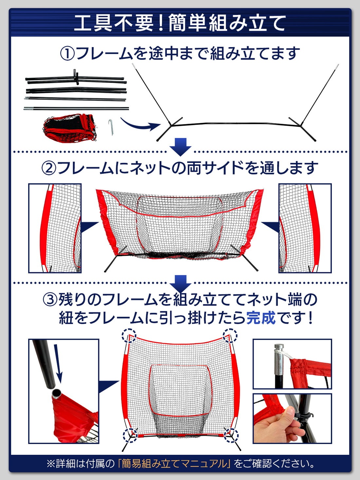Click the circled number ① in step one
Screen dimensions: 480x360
[x=68, y=53]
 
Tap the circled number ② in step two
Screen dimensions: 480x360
[x=49, y=168]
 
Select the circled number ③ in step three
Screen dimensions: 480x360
[x=50, y=299]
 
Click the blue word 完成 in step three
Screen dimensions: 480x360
[x=261, y=317]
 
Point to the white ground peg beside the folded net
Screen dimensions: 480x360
[x=111, y=127]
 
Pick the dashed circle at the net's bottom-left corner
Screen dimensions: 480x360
[x=130, y=436]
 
